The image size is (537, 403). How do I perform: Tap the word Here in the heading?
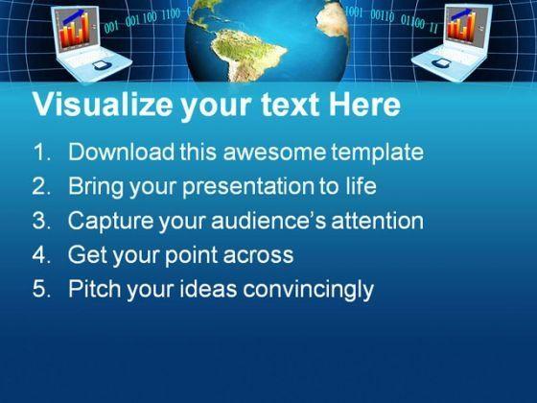point(364,105)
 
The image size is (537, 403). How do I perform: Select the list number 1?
point(41,152)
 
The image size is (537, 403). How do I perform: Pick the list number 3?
point(41,221)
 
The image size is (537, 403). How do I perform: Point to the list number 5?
point(41,289)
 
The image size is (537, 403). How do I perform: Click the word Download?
point(121,152)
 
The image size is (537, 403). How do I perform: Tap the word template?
point(377,153)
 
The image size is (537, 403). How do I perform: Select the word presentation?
point(248,187)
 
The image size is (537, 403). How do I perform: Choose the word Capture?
point(110,221)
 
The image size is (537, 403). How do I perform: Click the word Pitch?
point(95,289)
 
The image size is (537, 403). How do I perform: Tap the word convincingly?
point(308,290)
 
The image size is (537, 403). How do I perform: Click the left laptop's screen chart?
point(75,29)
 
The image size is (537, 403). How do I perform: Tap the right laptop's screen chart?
point(462,24)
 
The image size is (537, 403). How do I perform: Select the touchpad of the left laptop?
point(101,65)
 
